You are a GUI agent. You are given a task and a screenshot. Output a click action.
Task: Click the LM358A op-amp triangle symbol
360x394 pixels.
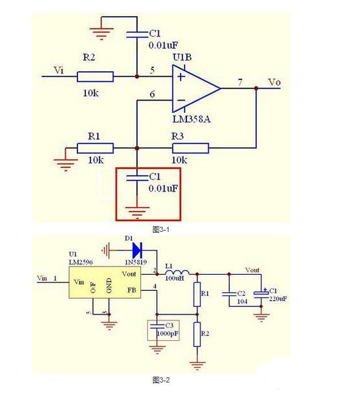196,88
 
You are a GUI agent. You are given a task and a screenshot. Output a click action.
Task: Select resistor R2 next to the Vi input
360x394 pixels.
95,77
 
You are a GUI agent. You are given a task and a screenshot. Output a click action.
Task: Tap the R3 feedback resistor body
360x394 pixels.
190,148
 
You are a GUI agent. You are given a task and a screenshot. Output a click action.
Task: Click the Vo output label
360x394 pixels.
274,83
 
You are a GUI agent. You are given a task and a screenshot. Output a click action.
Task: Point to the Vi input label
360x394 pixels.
59,70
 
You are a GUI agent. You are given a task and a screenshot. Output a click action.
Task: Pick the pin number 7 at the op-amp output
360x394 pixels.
240,82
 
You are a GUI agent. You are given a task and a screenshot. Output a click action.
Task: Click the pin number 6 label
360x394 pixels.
152,94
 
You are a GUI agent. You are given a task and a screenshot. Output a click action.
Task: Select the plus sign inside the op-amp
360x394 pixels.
181,76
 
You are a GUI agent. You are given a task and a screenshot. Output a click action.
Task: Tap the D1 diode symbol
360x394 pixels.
137,250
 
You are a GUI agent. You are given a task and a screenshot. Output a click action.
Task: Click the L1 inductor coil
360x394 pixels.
177,272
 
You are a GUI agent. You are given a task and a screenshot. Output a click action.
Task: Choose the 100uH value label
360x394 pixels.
174,278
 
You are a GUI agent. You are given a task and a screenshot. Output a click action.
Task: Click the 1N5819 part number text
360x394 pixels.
136,262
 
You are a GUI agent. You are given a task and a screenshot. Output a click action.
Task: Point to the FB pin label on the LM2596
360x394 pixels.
132,290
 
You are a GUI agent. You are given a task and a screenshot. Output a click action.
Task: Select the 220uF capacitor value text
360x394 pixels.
278,299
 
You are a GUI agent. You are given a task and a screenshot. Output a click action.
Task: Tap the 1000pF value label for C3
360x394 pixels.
168,334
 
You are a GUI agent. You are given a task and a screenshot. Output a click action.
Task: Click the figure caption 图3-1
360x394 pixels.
161,229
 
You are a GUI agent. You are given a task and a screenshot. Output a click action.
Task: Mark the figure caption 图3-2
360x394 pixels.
161,380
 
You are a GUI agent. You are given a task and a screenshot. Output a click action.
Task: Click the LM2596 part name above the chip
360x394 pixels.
81,262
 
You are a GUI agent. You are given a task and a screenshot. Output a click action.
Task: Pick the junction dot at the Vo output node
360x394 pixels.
256,88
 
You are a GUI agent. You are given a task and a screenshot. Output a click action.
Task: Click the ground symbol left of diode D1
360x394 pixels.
106,250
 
